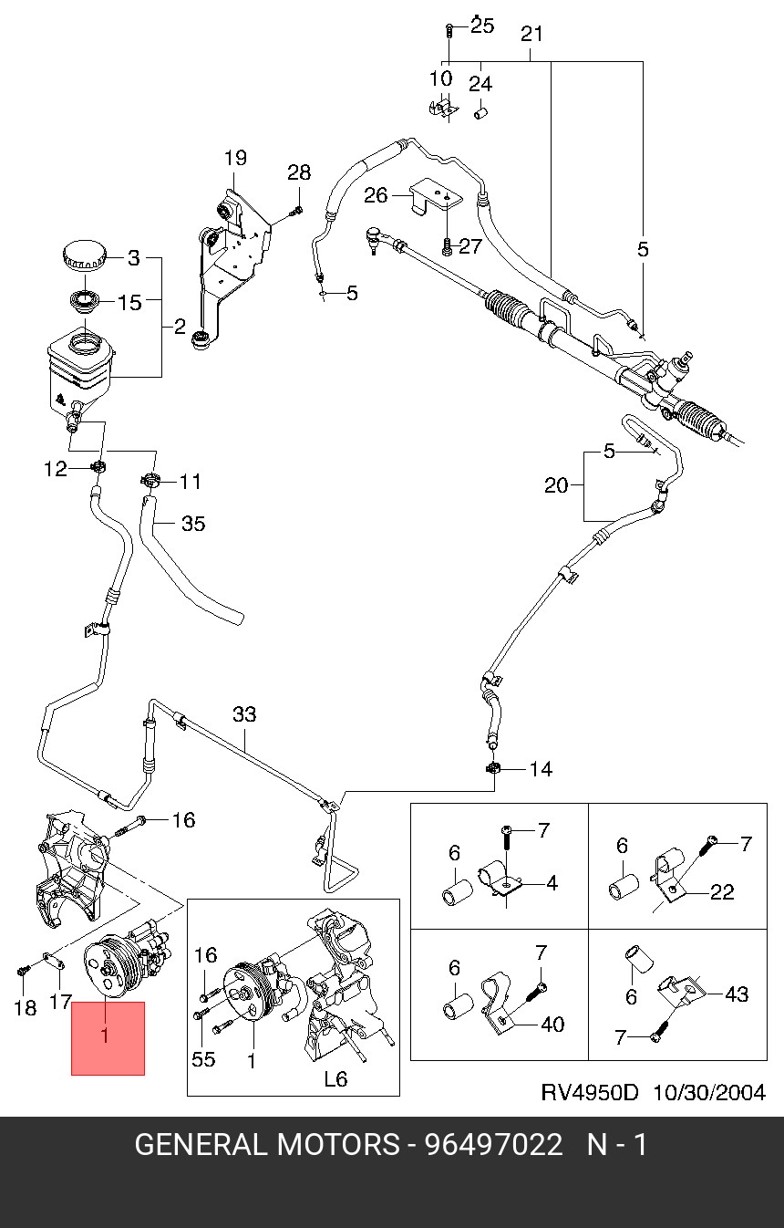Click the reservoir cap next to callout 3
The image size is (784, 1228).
coord(87,255)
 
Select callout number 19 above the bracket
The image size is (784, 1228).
coord(235,158)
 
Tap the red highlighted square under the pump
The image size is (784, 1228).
coord(108,1038)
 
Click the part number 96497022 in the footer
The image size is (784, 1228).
coord(494,1144)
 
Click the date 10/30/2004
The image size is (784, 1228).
coord(708,1092)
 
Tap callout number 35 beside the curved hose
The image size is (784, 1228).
coord(193,524)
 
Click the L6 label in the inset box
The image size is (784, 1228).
coord(336,1078)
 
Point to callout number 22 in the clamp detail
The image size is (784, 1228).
coord(721,892)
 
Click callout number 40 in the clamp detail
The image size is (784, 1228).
coord(552,1024)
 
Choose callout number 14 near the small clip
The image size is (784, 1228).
coord(541,770)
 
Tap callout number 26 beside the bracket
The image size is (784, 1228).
coord(376,194)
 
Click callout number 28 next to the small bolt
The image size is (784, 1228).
coord(299,172)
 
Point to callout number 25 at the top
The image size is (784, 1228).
coord(482,26)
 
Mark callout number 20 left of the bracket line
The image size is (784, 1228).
coord(556,485)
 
